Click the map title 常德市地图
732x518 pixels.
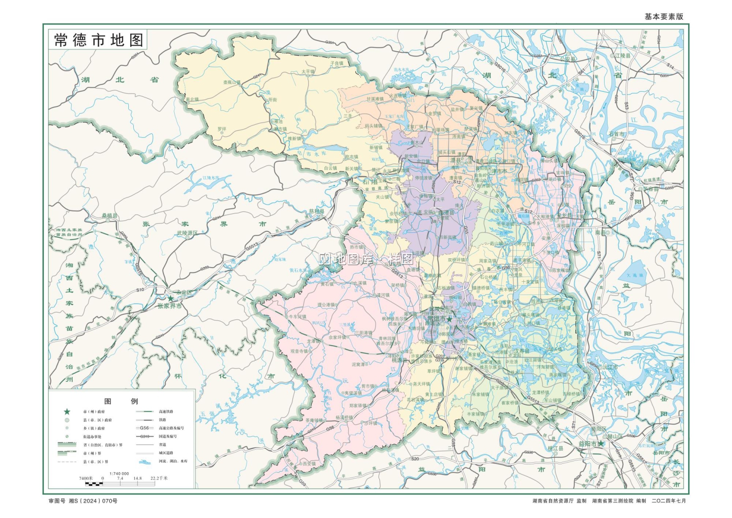point(98,40)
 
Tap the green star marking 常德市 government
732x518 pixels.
point(449,319)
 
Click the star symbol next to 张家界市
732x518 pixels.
point(170,298)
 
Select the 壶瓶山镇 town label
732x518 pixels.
point(232,83)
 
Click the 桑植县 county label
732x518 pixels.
point(110,215)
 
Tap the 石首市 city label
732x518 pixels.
point(616,134)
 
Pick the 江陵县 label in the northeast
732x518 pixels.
point(622,56)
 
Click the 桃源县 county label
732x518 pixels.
point(399,360)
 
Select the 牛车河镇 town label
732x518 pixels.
point(297,316)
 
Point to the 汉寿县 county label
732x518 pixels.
point(521,351)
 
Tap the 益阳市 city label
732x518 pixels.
point(588,444)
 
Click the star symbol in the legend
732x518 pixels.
point(67,412)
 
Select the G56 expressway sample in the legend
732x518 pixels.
point(144,428)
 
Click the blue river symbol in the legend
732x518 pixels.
point(144,461)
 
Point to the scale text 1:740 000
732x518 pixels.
point(119,473)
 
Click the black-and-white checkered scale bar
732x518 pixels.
point(94,484)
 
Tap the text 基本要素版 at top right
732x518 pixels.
point(664,17)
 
